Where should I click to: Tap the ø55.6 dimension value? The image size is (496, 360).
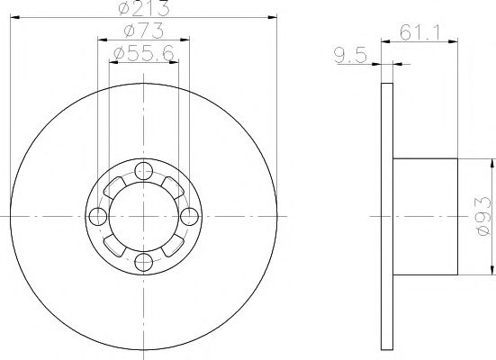[x=144, y=57]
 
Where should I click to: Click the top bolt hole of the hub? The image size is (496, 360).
[x=142, y=173]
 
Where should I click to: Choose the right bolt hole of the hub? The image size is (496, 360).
[x=187, y=217]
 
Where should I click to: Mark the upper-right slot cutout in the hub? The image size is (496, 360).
[x=171, y=187]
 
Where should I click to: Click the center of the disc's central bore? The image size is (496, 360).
[x=142, y=217]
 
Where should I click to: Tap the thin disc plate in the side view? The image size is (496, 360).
[x=387, y=217]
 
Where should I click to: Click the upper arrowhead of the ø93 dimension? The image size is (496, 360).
[x=492, y=163]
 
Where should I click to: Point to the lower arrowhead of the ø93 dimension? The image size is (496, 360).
[x=492, y=271]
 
